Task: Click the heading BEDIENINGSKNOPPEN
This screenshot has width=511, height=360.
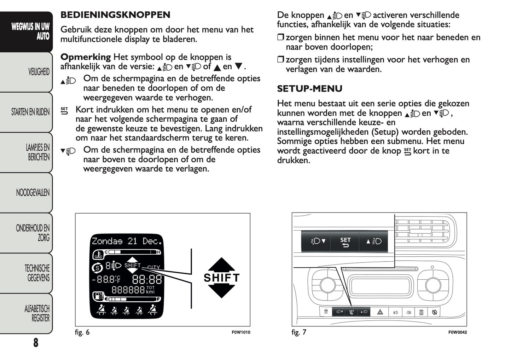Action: click(115, 15)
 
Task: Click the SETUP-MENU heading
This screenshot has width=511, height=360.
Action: click(309, 88)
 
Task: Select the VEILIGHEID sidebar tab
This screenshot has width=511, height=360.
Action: click(39, 72)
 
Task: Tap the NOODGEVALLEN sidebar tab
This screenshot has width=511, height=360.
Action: click(33, 193)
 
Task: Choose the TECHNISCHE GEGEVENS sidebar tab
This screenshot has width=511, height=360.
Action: click(37, 273)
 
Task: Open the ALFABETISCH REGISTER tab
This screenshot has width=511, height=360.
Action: click(37, 313)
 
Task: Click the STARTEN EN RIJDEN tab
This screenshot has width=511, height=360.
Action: click(30, 112)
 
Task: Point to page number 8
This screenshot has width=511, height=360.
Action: click(36, 342)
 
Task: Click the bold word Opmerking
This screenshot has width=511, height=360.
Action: click(86, 57)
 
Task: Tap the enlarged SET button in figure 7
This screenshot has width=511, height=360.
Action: click(345, 242)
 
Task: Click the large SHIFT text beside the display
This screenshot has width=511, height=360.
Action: click(221, 278)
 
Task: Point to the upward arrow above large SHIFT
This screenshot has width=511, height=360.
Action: click(221, 264)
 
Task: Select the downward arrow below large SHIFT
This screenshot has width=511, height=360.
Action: click(221, 291)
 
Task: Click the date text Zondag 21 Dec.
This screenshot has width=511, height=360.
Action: click(127, 241)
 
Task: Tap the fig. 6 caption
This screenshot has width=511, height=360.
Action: click(82, 332)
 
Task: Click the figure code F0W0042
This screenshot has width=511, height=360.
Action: click(457, 332)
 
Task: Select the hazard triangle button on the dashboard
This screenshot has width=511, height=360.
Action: click(380, 312)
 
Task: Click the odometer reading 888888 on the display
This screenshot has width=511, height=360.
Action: click(128, 290)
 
